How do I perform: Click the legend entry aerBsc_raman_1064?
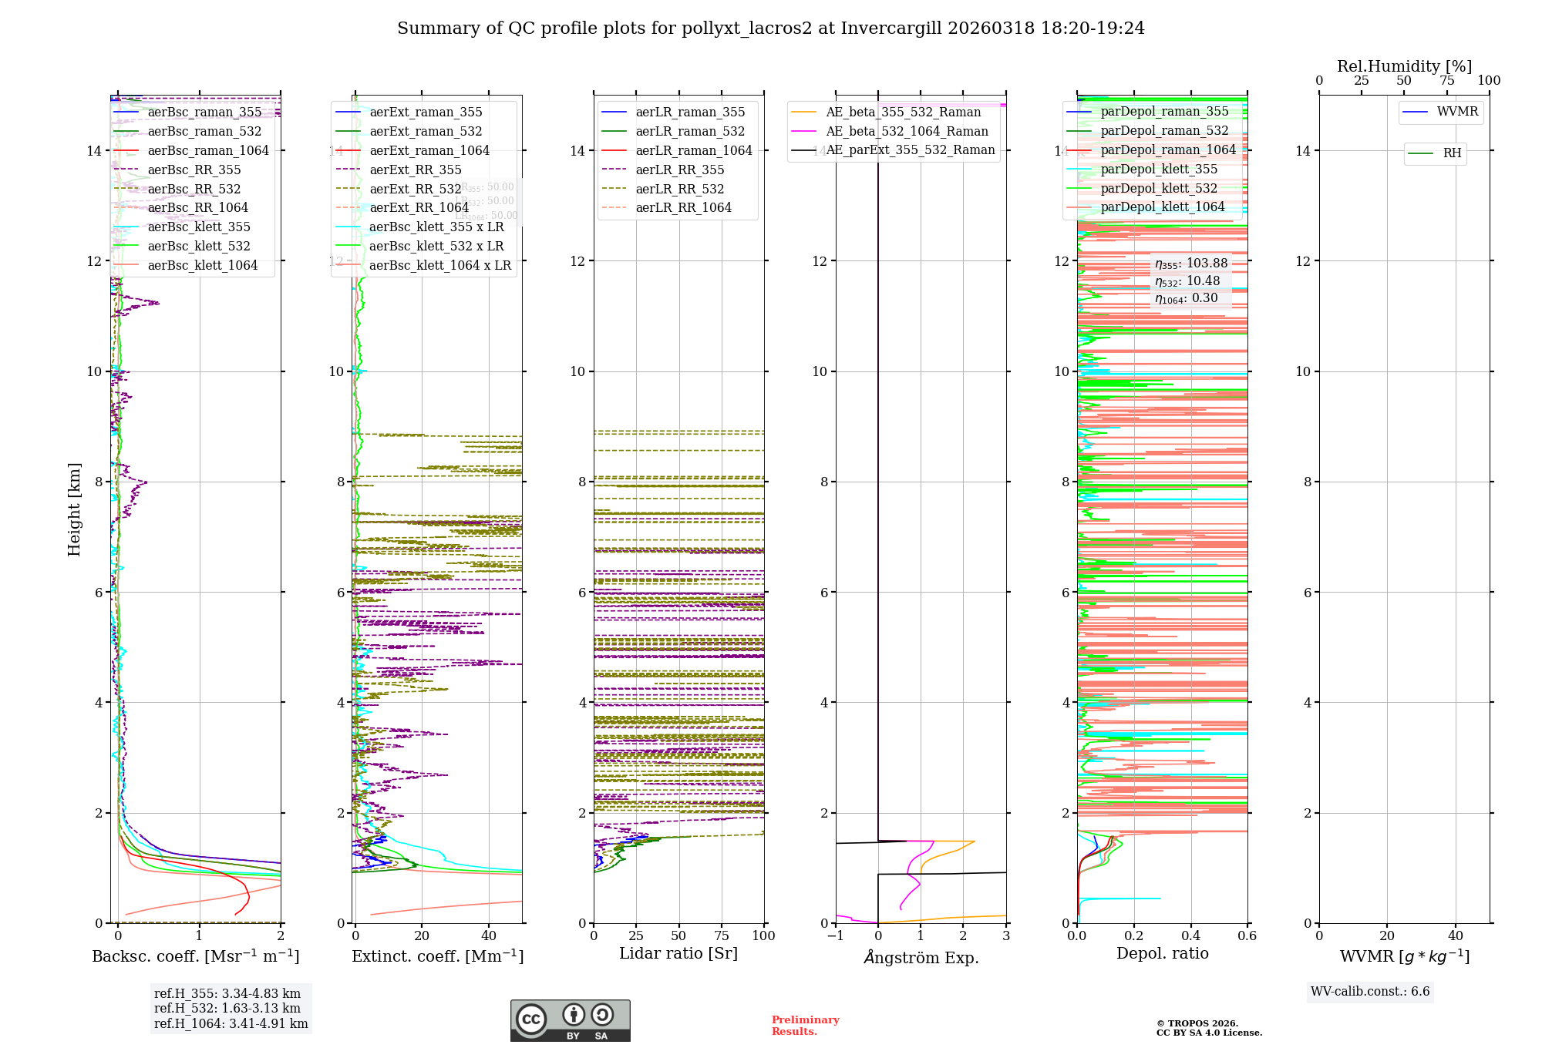[x=208, y=151]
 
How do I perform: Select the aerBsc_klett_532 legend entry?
[x=199, y=247]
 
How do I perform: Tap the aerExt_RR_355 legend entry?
[x=416, y=170]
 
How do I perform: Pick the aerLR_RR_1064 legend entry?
[x=683, y=208]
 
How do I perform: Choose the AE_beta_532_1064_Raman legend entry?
[x=907, y=132]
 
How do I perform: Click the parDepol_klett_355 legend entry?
[x=1159, y=170]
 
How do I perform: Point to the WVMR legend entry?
[x=1457, y=112]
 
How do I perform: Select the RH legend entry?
[x=1452, y=153]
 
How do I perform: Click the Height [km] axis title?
[x=74, y=509]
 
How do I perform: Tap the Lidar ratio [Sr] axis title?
[x=678, y=954]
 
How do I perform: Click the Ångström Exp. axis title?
[x=921, y=958]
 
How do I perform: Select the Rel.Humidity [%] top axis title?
[x=1404, y=66]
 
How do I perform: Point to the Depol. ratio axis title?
[x=1162, y=954]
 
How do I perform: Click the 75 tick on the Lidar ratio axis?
[x=722, y=936]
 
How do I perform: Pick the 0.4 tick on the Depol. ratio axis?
[x=1190, y=936]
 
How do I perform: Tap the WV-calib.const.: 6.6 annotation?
[x=1370, y=992]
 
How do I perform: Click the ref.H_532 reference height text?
[x=227, y=1009]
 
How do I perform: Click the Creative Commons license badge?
[x=570, y=1021]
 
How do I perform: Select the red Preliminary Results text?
[x=805, y=1026]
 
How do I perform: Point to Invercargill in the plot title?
[x=891, y=29]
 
